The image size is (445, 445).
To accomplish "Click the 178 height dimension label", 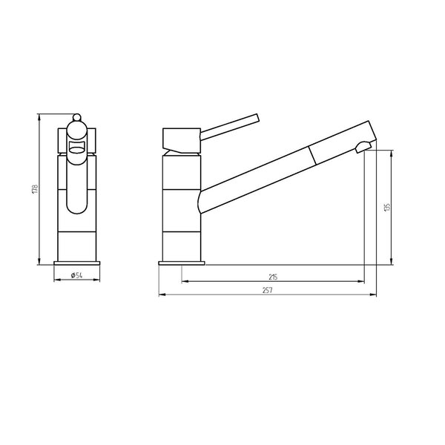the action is point(35,189).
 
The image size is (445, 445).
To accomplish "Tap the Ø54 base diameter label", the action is point(76,275).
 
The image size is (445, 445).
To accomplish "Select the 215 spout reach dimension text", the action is point(273,277).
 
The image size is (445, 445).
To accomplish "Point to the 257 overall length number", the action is point(267,290).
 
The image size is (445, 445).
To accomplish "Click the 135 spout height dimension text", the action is point(387,207).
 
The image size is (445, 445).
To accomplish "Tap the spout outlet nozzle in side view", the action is point(363,147).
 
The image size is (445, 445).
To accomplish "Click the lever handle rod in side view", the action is point(230,127).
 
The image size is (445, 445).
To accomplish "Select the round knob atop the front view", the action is point(76,117).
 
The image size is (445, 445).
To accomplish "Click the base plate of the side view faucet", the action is point(182,263).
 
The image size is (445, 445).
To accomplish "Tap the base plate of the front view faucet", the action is point(77,263).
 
